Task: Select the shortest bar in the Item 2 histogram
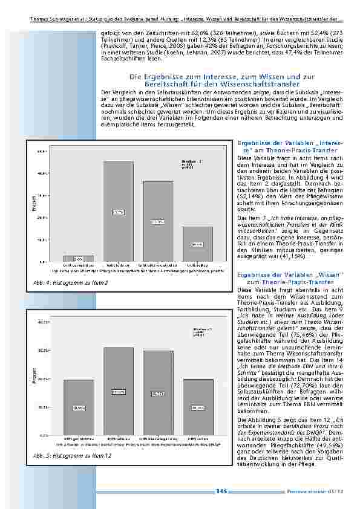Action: point(79,259)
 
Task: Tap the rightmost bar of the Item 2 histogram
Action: point(197,244)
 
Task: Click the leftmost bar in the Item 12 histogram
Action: point(79,407)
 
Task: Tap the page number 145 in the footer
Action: point(221,491)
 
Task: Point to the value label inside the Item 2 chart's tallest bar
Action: point(119,212)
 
